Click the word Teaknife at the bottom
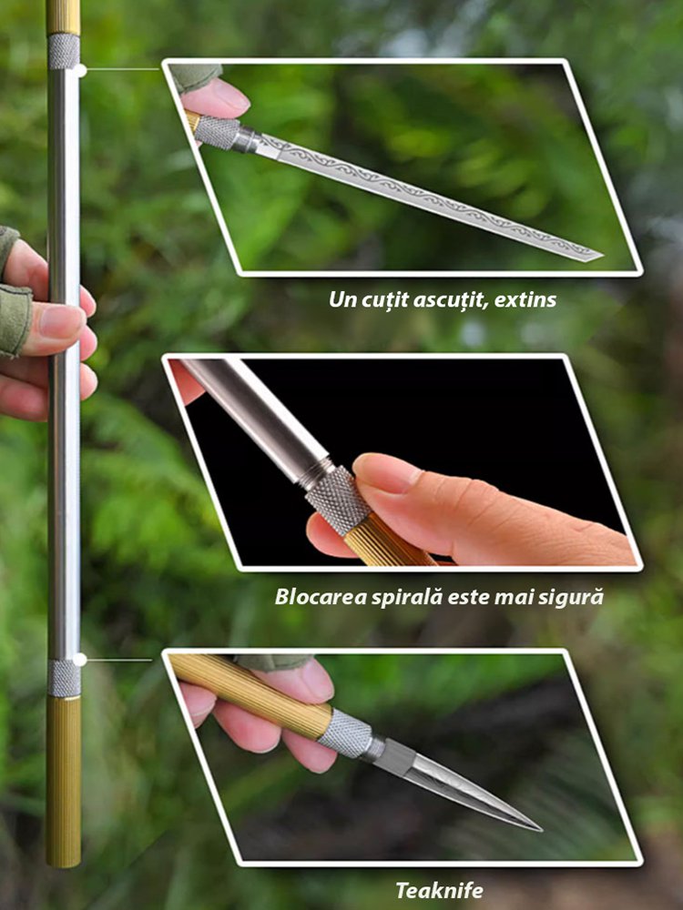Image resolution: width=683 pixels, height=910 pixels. [x=439, y=890]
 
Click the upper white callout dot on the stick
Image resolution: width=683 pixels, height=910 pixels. [x=80, y=71]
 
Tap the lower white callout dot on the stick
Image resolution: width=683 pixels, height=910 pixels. [x=79, y=659]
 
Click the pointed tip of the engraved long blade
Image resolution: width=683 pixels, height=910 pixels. [x=602, y=256]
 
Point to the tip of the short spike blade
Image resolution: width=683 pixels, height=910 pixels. [x=540, y=829]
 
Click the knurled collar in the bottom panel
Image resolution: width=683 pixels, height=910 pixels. [x=345, y=733]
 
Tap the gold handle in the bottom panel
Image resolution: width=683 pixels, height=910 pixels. [x=250, y=693]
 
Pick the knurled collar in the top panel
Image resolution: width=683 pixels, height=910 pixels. [x=218, y=132]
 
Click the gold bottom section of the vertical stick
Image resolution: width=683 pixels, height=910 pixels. [x=64, y=782]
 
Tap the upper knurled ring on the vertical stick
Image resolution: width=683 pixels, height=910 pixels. [x=64, y=52]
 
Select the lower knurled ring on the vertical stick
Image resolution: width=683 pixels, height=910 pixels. [x=64, y=678]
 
